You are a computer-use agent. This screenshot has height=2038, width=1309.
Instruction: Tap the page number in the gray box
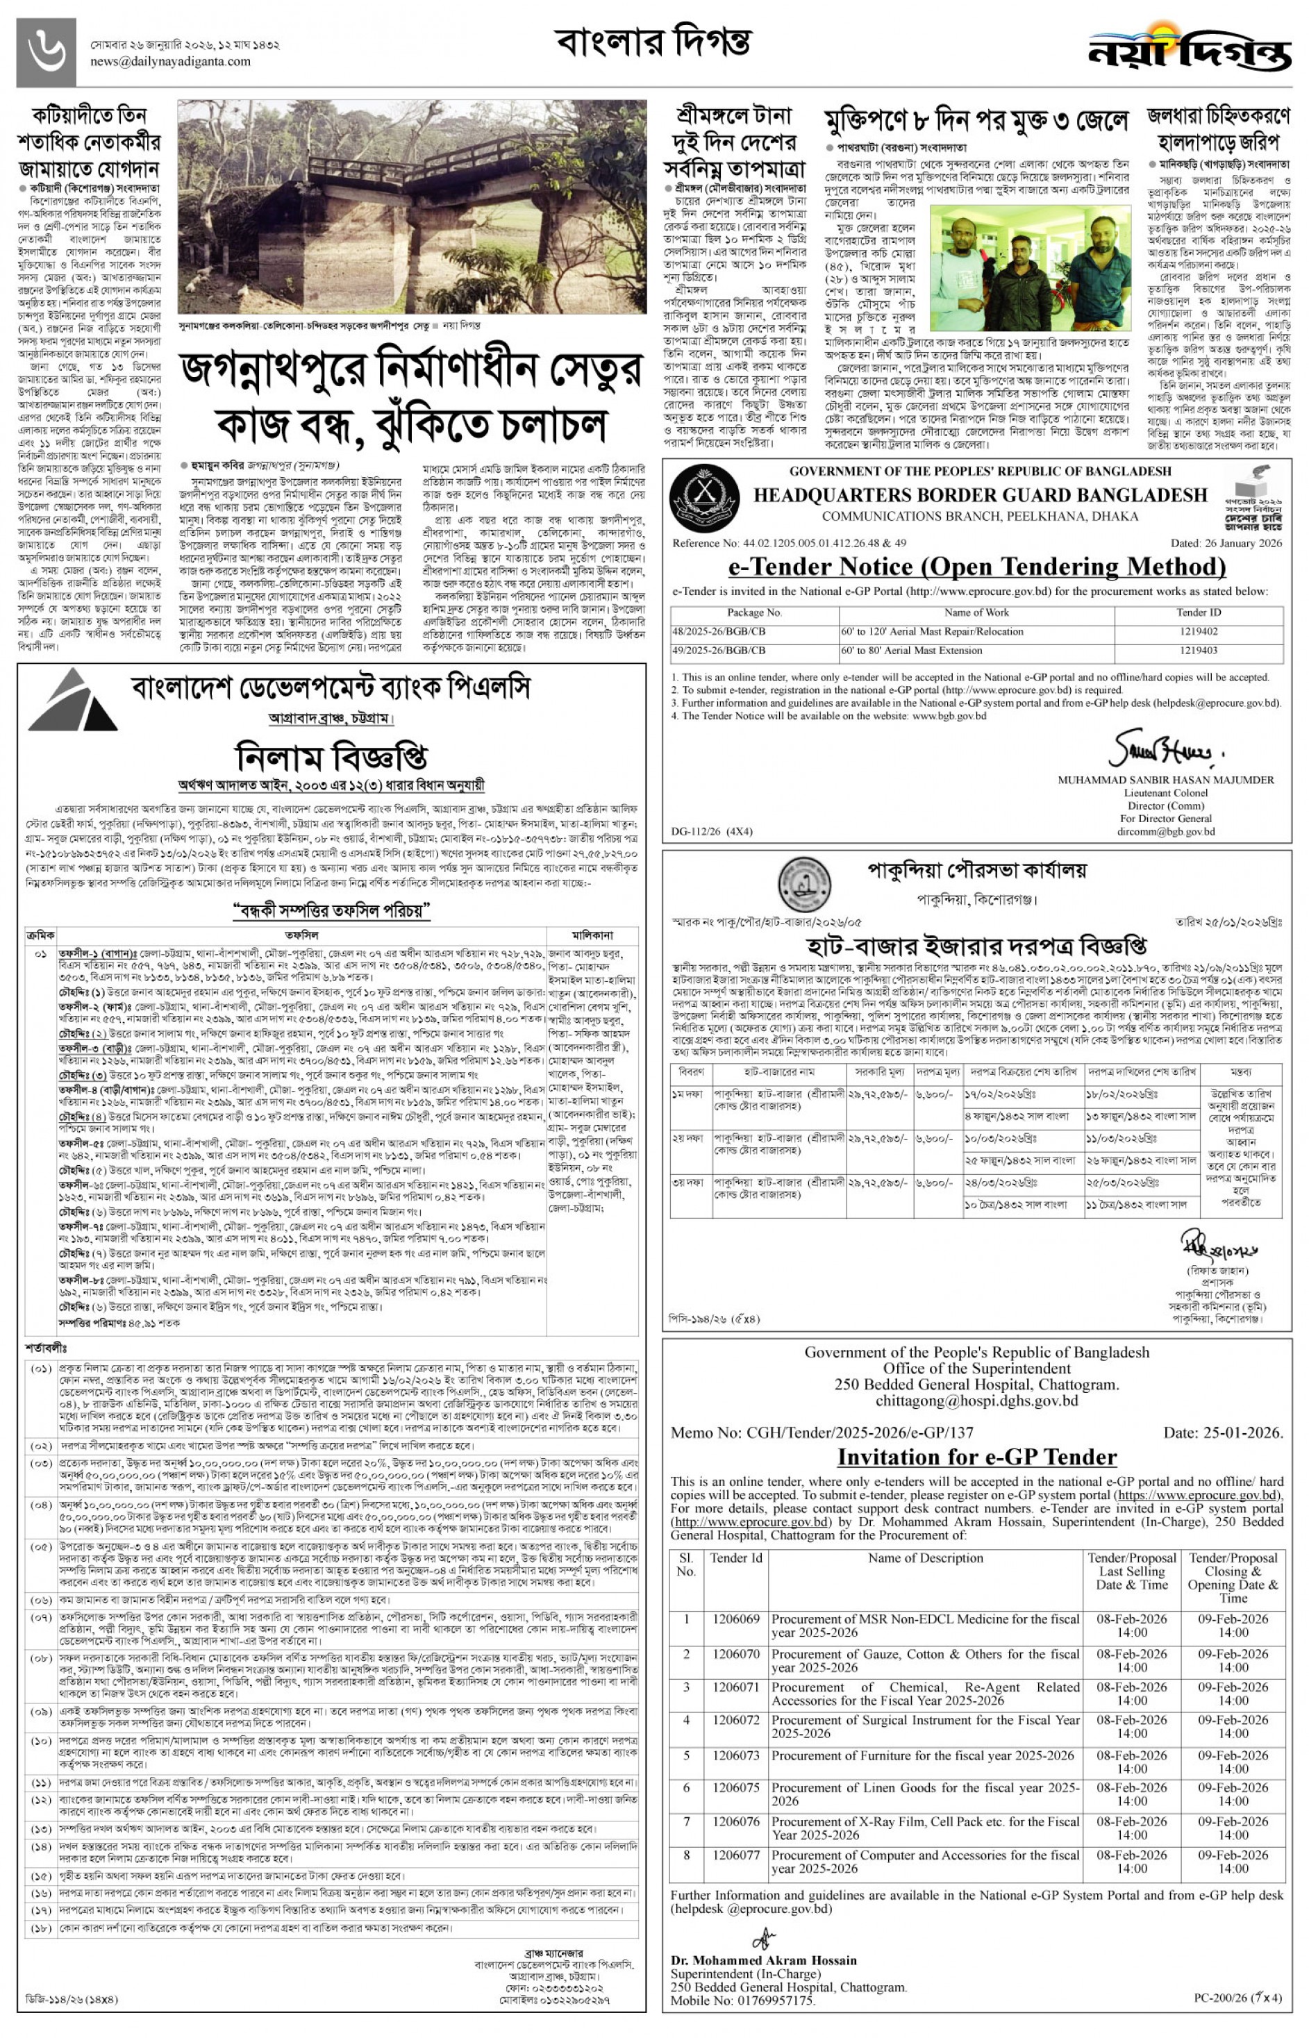46,51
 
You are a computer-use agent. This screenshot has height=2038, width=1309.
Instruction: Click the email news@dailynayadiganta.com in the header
171,61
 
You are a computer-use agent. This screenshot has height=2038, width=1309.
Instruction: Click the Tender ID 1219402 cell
1199,631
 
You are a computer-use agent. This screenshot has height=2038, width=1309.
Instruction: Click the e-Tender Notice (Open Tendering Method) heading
976,566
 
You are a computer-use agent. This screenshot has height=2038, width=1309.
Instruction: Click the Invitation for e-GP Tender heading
976,1457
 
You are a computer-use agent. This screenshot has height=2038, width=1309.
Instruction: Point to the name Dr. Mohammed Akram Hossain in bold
763,1961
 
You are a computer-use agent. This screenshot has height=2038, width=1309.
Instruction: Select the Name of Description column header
925,1557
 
